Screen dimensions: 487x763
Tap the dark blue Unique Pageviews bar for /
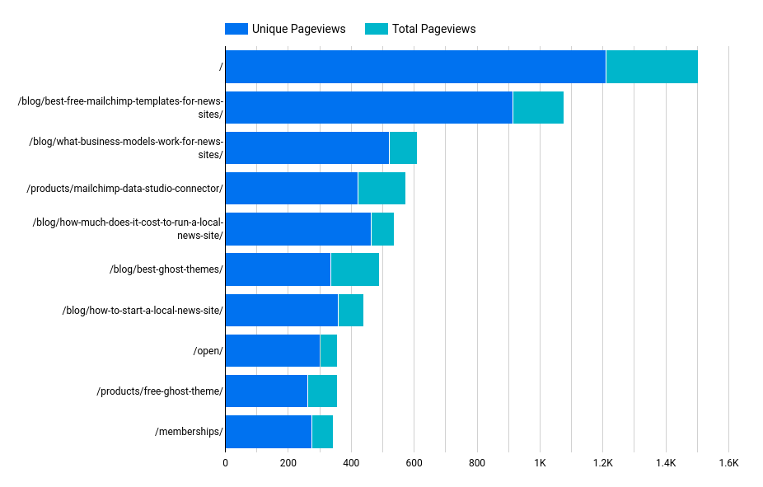(414, 67)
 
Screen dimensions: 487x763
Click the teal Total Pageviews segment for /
(652, 67)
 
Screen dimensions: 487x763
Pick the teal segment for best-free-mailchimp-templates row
(538, 107)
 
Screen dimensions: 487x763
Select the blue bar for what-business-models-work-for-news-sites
(307, 148)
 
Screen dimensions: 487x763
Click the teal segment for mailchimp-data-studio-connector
(381, 188)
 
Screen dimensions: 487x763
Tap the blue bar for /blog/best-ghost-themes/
(278, 269)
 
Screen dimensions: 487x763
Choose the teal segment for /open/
(328, 350)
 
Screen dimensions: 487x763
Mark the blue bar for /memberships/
(268, 431)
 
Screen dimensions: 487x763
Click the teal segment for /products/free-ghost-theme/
(322, 391)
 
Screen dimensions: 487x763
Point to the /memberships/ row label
(189, 432)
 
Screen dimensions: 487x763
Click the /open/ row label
(208, 351)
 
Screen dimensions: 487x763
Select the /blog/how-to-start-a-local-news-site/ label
(143, 311)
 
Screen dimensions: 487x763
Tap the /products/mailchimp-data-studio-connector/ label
(125, 189)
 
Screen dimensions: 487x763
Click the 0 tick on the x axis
(225, 464)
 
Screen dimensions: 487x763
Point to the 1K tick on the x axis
(540, 464)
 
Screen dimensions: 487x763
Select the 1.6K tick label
(728, 464)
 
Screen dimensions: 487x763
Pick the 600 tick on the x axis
(414, 464)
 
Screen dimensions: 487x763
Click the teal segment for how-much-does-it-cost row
(382, 229)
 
